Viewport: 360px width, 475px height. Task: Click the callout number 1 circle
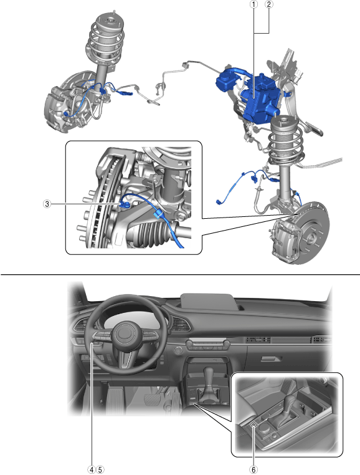pyautogui.click(x=253, y=4)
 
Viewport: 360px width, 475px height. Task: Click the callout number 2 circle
pyautogui.click(x=268, y=4)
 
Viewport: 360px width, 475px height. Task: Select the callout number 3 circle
pyautogui.click(x=47, y=204)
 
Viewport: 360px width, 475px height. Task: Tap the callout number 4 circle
pyautogui.click(x=92, y=470)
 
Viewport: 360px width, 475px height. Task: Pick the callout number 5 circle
pyautogui.click(x=100, y=470)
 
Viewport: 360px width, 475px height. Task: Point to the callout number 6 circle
pyautogui.click(x=253, y=470)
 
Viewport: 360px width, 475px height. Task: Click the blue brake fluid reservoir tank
pyautogui.click(x=225, y=80)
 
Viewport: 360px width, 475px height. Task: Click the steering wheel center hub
pyautogui.click(x=124, y=333)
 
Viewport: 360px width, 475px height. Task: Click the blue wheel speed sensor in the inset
pyautogui.click(x=125, y=205)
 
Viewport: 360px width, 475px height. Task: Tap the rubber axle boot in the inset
pyautogui.click(x=151, y=233)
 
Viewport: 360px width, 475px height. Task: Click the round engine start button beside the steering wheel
pyautogui.click(x=178, y=350)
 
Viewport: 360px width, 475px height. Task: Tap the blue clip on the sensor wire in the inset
pyautogui.click(x=158, y=214)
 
